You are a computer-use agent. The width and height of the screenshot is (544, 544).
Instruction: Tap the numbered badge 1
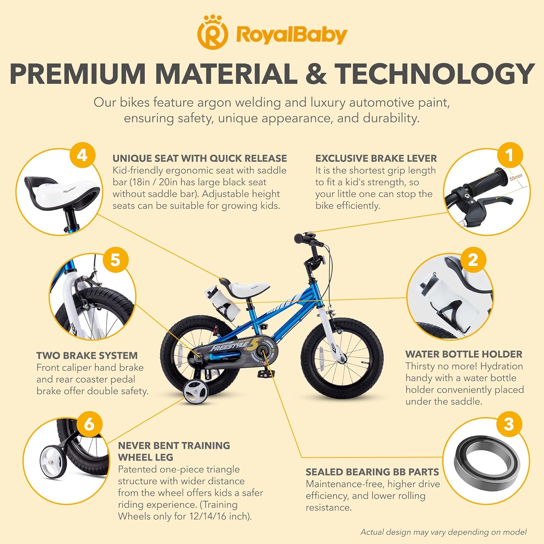tap(510, 156)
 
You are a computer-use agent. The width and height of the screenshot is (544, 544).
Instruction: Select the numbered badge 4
tap(82, 156)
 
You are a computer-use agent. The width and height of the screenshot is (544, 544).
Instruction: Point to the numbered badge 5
tap(115, 260)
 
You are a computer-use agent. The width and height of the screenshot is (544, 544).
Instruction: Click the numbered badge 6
tap(89, 424)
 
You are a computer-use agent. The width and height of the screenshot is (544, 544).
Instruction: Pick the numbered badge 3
tap(509, 424)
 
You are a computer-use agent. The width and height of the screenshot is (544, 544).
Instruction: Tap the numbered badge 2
tap(473, 260)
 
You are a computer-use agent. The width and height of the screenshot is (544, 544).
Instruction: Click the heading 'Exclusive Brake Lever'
tap(376, 158)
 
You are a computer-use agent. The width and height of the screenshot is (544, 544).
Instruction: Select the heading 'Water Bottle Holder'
tap(464, 354)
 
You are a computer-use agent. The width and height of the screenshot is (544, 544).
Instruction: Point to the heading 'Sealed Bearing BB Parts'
tap(372, 472)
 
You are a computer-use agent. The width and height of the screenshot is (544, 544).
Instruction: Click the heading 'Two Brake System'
tap(87, 355)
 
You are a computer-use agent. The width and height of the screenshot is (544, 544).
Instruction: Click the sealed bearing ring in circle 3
tap(487, 460)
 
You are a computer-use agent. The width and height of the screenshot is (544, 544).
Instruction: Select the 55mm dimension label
tap(516, 177)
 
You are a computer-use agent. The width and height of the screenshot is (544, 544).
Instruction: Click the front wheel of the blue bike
tap(342, 358)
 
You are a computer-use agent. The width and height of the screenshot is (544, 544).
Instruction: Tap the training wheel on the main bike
tap(195, 392)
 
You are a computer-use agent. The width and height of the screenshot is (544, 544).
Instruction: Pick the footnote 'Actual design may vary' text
tap(444, 532)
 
